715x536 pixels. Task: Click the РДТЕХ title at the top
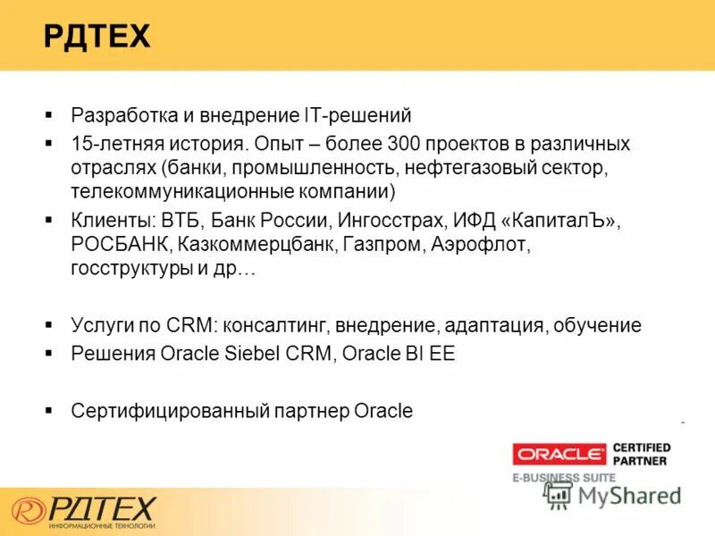[x=97, y=37]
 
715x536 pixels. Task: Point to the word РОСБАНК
[x=120, y=244]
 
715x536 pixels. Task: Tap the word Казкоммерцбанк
[x=256, y=244]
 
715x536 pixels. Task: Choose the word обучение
[x=597, y=325]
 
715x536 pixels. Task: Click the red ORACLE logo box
[x=559, y=454]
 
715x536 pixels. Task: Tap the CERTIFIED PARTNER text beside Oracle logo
[x=641, y=454]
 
